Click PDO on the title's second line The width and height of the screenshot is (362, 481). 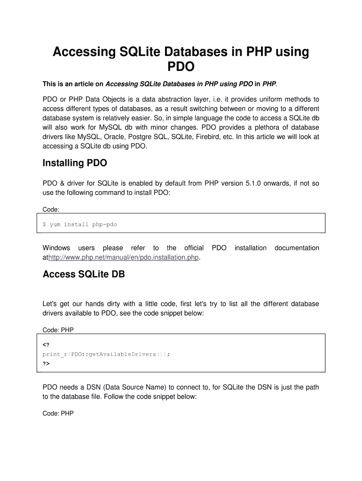click(181, 67)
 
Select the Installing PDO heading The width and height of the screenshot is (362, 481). click(75, 163)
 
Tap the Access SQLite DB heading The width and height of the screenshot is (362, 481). click(84, 274)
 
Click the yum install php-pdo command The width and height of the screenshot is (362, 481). click(79, 225)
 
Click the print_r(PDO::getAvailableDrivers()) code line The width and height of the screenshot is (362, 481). click(106, 354)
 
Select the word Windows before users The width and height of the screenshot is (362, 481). click(56, 248)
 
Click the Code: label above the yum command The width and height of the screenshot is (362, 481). click(51, 209)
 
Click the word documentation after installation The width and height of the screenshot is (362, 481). click(297, 248)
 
